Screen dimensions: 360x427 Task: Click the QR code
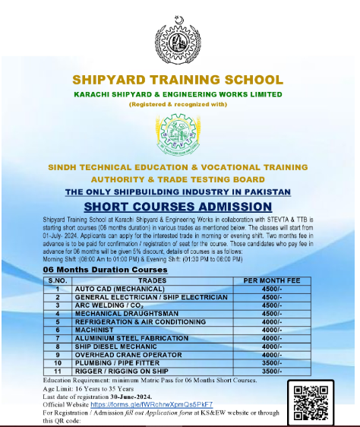313,400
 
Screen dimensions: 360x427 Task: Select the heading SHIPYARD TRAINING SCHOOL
178,80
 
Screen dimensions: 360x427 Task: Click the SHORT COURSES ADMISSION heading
177,207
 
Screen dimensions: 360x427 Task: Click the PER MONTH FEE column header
271,280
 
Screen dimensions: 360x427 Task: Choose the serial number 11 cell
57,372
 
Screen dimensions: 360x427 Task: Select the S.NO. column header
57,280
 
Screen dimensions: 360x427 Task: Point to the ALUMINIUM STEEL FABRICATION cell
125,339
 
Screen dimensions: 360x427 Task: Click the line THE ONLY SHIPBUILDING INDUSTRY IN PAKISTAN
177,192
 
